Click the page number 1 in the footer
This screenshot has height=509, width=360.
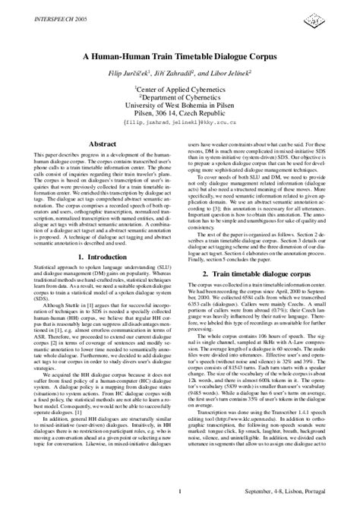pos(179,492)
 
